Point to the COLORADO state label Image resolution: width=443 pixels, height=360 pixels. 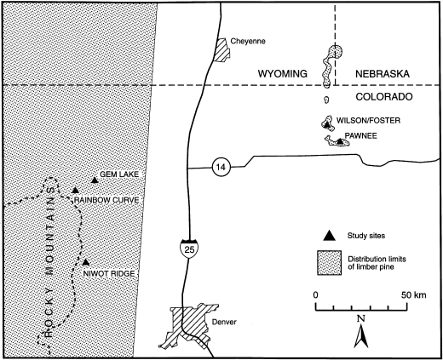click(x=376, y=98)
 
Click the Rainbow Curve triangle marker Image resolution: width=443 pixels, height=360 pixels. click(x=75, y=190)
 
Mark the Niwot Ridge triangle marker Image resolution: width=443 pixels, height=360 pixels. click(x=86, y=262)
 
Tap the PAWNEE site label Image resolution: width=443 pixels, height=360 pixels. click(x=360, y=134)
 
